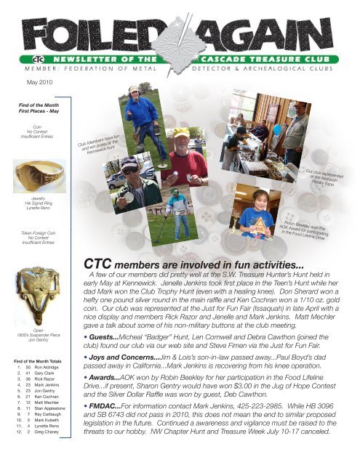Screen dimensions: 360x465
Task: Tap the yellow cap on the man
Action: (180, 132)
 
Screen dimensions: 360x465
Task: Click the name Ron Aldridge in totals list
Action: (47, 368)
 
